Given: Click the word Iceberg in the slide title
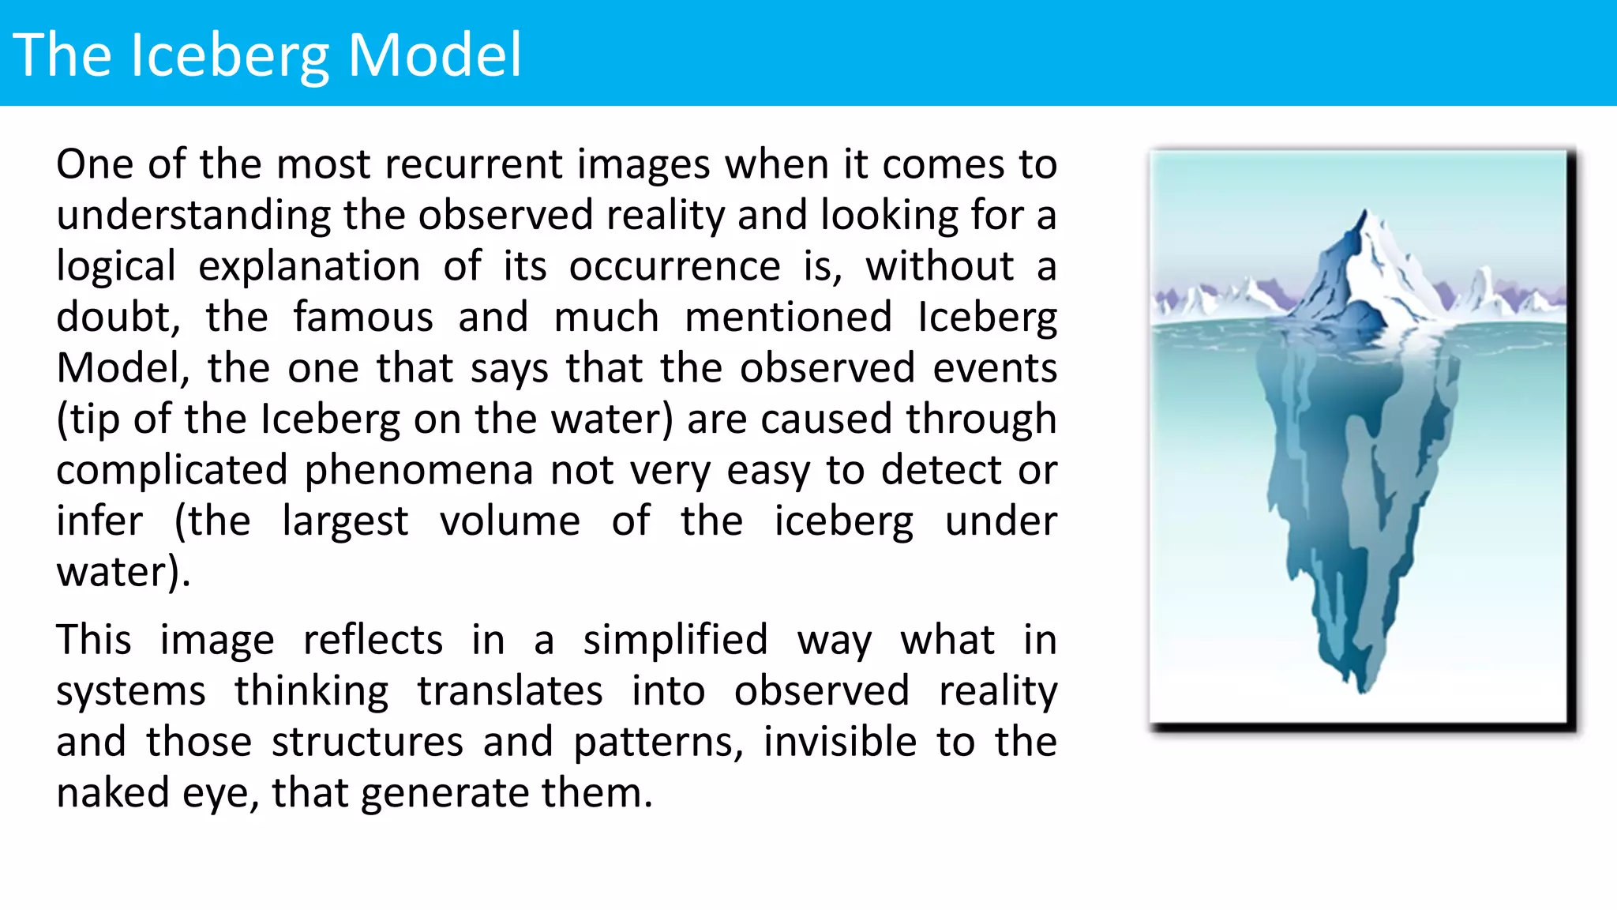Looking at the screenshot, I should coord(230,55).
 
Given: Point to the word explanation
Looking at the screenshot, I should coord(310,265).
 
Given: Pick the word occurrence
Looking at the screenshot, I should coord(674,265).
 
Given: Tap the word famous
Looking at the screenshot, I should coord(363,317).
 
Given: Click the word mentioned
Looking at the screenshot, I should coord(788,317).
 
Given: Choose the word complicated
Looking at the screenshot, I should coord(171,470).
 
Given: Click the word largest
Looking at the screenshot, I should coord(345,521).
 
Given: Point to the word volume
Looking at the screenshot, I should coord(510,521).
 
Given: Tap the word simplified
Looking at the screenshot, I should coord(675,639).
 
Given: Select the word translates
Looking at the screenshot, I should coord(510,690).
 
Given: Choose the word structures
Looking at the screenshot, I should coord(367,741).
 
